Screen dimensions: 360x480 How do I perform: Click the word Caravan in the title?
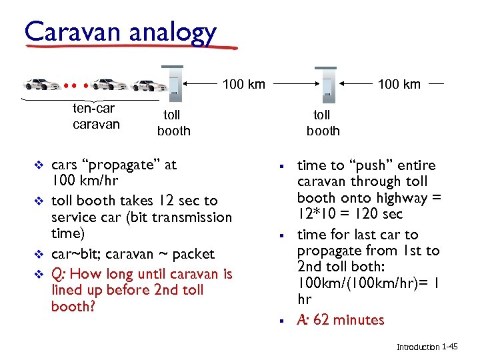63,31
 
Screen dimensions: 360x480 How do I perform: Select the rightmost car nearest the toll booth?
151,85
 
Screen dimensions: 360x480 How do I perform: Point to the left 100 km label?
243,84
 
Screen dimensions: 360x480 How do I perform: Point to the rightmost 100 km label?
399,84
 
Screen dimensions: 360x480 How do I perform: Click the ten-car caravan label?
96,116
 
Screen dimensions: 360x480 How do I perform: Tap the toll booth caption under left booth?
173,123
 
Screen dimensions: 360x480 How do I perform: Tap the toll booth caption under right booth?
323,123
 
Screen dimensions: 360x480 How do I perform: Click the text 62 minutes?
349,320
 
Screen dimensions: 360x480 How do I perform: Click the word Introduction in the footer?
418,347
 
